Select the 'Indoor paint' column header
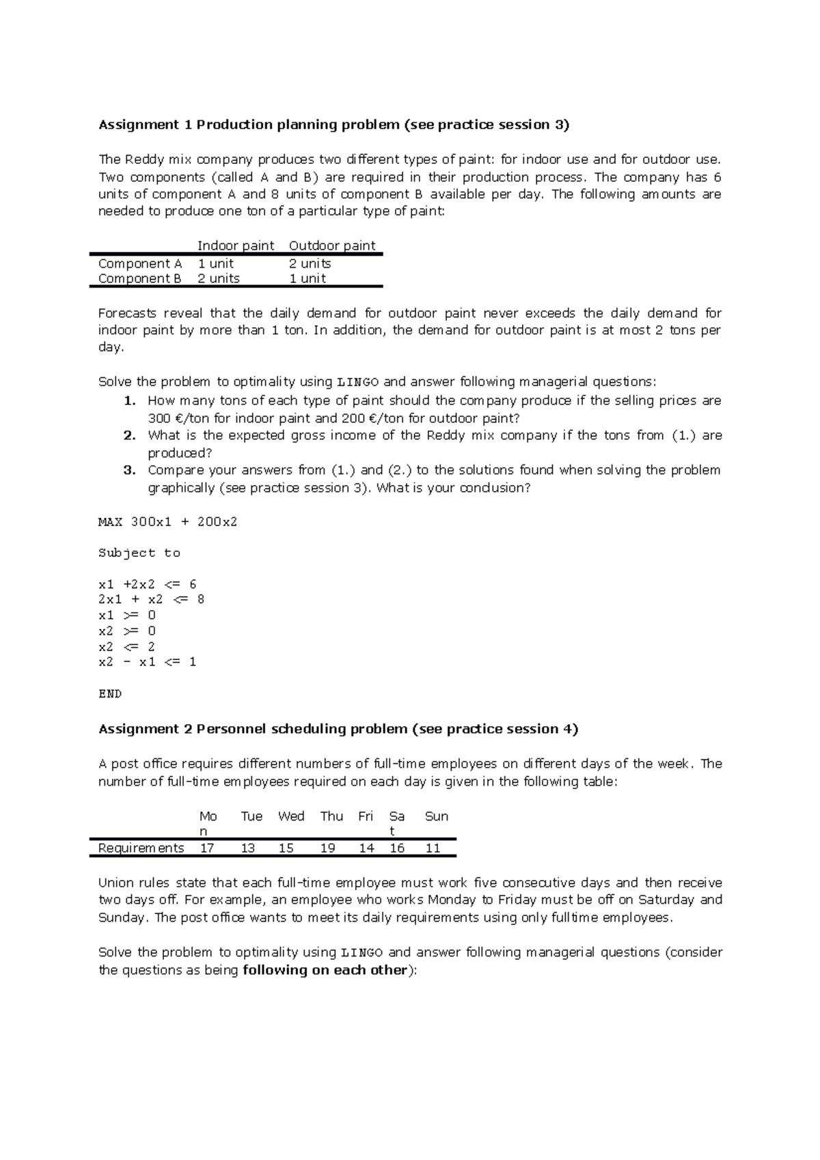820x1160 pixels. point(236,245)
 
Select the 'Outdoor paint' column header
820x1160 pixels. point(332,245)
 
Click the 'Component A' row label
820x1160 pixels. point(140,263)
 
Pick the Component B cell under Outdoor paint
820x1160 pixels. point(307,278)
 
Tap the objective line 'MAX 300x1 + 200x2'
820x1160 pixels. point(167,522)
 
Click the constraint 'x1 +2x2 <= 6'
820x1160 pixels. point(147,584)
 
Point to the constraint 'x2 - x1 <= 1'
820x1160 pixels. point(147,661)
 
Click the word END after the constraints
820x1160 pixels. point(110,693)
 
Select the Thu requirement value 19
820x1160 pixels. point(328,848)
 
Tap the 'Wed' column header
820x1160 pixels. point(291,816)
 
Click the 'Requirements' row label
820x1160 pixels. point(141,848)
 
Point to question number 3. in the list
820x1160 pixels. point(130,470)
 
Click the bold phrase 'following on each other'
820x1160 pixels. point(325,970)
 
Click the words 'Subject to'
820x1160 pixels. point(139,553)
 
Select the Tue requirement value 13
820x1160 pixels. point(247,848)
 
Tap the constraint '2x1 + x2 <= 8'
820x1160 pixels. point(151,599)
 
